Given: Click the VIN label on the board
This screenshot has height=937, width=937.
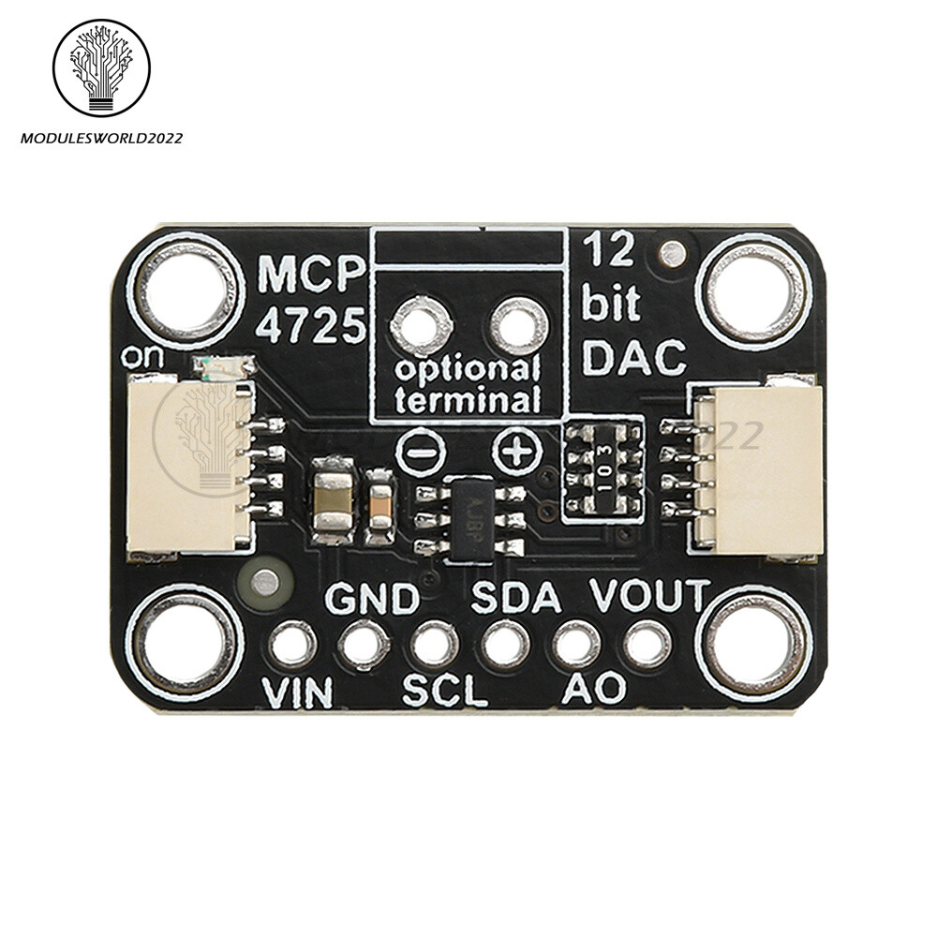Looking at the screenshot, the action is (x=298, y=693).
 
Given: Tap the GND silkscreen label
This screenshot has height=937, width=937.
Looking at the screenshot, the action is (x=372, y=598).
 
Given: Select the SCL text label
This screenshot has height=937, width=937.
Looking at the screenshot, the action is (x=445, y=692).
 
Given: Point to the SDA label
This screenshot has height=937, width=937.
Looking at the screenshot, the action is (x=516, y=597).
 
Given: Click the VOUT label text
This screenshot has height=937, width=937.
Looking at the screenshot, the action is (x=649, y=595).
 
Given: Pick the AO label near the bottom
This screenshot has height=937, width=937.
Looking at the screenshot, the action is (x=594, y=690).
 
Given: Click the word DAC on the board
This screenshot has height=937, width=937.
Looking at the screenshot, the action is (x=634, y=357).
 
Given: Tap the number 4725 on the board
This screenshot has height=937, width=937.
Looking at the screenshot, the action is (x=312, y=327).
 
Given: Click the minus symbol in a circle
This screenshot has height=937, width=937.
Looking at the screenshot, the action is (x=414, y=454).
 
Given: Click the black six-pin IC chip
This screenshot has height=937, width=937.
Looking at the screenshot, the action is (x=470, y=520).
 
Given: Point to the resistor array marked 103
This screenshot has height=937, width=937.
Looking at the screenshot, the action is (x=604, y=467).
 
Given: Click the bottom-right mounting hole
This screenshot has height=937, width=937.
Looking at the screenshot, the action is (x=754, y=645).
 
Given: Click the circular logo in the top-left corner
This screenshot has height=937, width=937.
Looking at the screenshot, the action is (x=101, y=67).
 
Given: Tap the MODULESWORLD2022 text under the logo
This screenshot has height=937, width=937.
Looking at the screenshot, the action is (x=101, y=139).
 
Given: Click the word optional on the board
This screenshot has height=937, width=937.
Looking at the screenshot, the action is (x=467, y=369).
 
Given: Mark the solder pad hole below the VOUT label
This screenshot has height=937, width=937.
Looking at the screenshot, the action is (x=647, y=645).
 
